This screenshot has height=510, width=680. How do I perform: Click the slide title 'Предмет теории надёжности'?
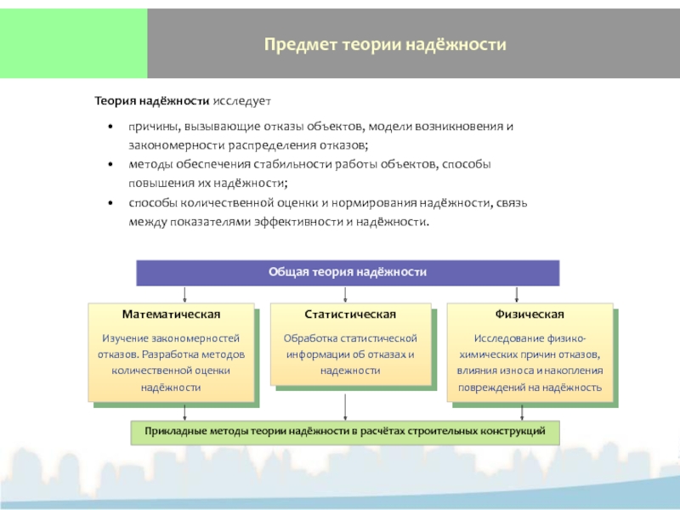[384, 43]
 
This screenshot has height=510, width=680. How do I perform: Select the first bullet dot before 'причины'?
[110, 127]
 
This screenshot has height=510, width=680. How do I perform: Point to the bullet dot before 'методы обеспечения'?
[110, 164]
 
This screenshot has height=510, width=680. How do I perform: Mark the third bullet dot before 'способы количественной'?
[110, 203]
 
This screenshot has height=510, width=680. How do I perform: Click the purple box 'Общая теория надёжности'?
[347, 272]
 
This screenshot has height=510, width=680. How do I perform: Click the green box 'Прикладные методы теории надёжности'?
[345, 432]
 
